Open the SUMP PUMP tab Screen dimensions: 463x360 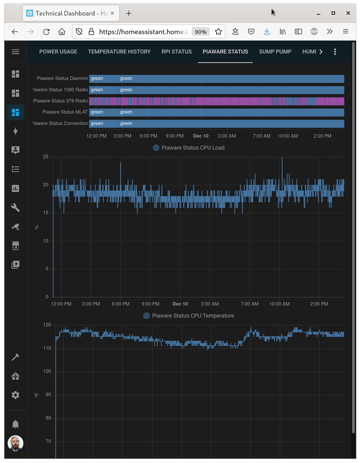pos(275,52)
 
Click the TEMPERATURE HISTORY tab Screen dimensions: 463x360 pos(119,52)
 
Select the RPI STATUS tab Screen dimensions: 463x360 pos(177,52)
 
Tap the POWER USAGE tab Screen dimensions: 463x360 pos(58,52)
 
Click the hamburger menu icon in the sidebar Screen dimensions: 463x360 pos(15,52)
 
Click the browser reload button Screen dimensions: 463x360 pos(46,32)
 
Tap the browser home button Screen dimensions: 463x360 pos(62,32)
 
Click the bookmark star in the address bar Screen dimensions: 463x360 pos(218,32)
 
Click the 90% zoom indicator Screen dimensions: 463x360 pos(200,32)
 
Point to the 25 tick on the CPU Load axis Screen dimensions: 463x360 pos(45,157)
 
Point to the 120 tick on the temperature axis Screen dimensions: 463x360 pos(47,325)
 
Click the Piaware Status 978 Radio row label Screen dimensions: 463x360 pos(60,101)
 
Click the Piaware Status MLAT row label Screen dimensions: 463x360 pos(65,112)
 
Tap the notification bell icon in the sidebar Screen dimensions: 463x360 pos(15,424)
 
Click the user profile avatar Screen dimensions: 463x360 pos(15,444)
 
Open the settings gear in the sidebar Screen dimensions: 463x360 pos(15,395)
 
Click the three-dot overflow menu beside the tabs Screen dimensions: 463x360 pos(335,52)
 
